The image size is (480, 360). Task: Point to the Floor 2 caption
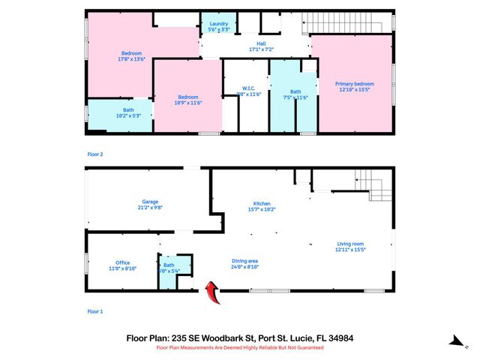tap(95, 154)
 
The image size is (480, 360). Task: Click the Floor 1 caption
tap(95, 310)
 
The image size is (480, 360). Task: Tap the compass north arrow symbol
tap(456, 341)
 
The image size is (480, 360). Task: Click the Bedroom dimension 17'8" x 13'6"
tap(131, 60)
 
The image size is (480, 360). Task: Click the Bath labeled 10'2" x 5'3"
tap(119, 115)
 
